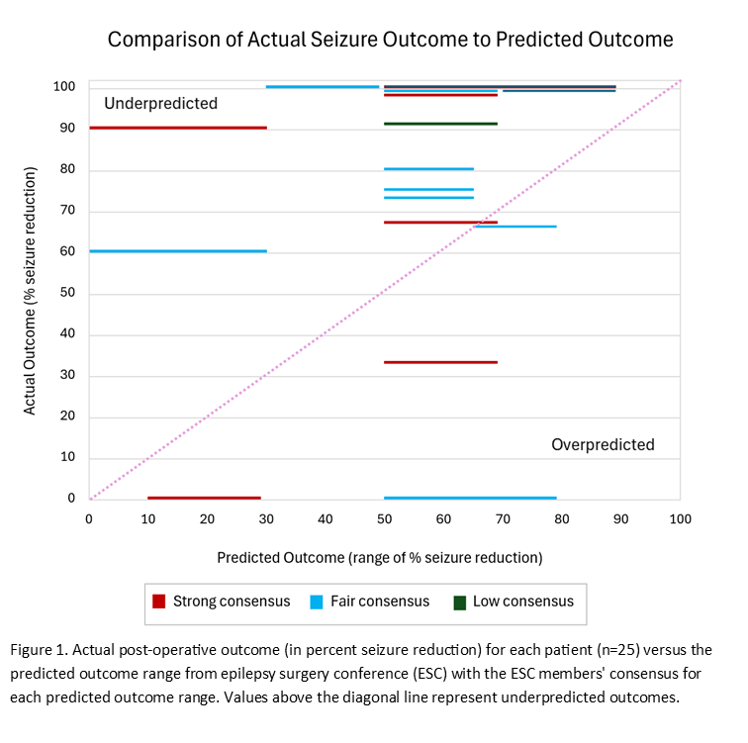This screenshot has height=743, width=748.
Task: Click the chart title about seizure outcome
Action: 390,40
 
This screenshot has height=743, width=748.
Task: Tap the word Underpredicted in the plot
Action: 160,104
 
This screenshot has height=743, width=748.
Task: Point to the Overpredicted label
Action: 603,445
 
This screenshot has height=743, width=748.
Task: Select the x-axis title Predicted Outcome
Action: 380,558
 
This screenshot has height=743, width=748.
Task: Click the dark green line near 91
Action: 440,124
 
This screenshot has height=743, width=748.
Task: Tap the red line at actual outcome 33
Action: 440,362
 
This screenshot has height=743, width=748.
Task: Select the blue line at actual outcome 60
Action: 178,251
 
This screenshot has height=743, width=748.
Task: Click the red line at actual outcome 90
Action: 178,128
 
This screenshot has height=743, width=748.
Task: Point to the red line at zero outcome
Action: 204,498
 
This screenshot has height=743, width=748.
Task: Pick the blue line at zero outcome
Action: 470,498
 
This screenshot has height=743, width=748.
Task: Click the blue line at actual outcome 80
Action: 428,169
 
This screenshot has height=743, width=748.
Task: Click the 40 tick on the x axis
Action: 325,518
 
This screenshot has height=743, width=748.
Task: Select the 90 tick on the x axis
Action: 620,518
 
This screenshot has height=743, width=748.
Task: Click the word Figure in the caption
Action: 33,649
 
